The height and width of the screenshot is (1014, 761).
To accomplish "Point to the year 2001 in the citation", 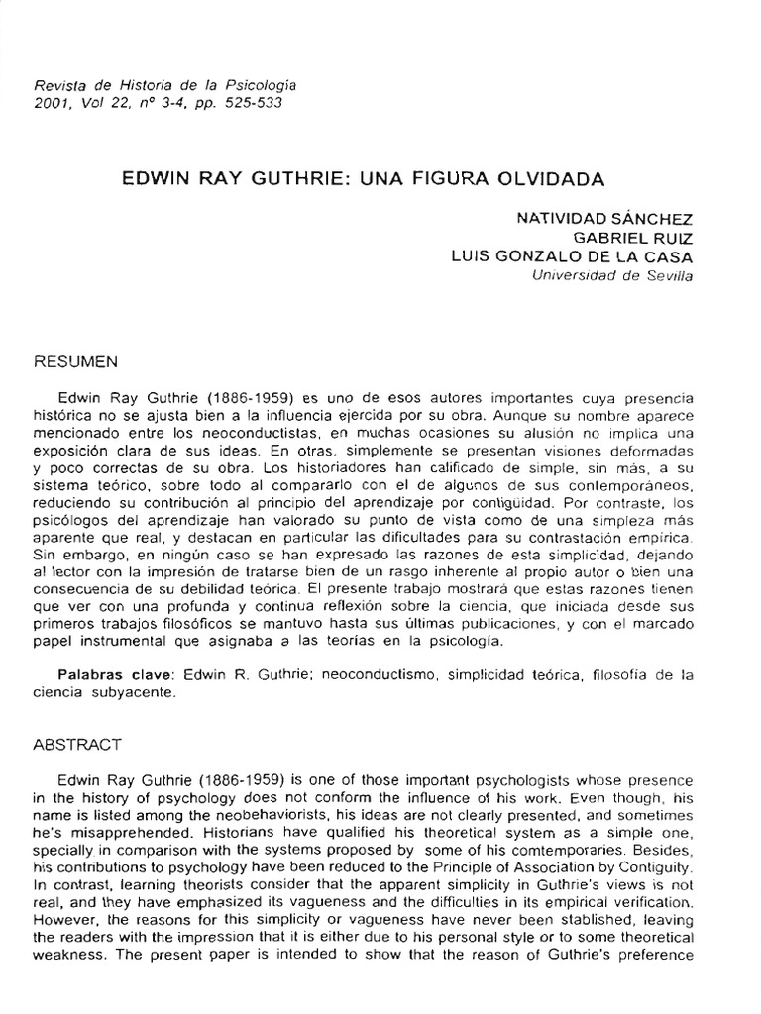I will pos(50,104).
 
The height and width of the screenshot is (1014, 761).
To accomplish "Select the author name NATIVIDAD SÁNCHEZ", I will pos(604,218).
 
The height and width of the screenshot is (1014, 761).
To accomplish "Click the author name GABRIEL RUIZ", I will pos(634,238).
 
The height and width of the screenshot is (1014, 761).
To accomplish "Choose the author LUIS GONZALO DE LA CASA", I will pos(572,256).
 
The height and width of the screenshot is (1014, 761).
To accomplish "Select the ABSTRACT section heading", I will pos(77,743).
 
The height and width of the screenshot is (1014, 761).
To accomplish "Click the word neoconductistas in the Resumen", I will pos(243,432).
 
